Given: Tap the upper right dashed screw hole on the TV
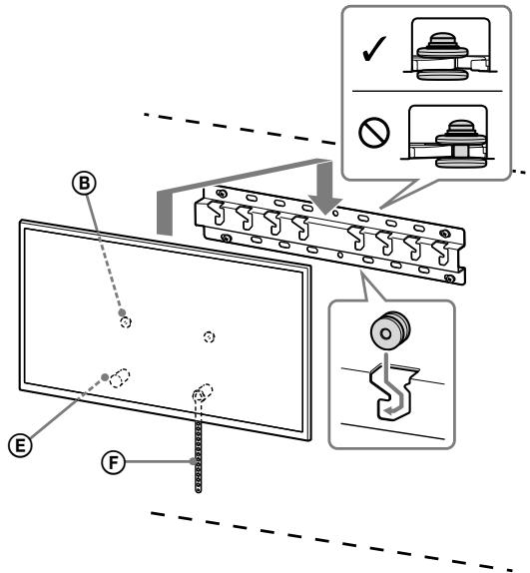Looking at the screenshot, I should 208,336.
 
